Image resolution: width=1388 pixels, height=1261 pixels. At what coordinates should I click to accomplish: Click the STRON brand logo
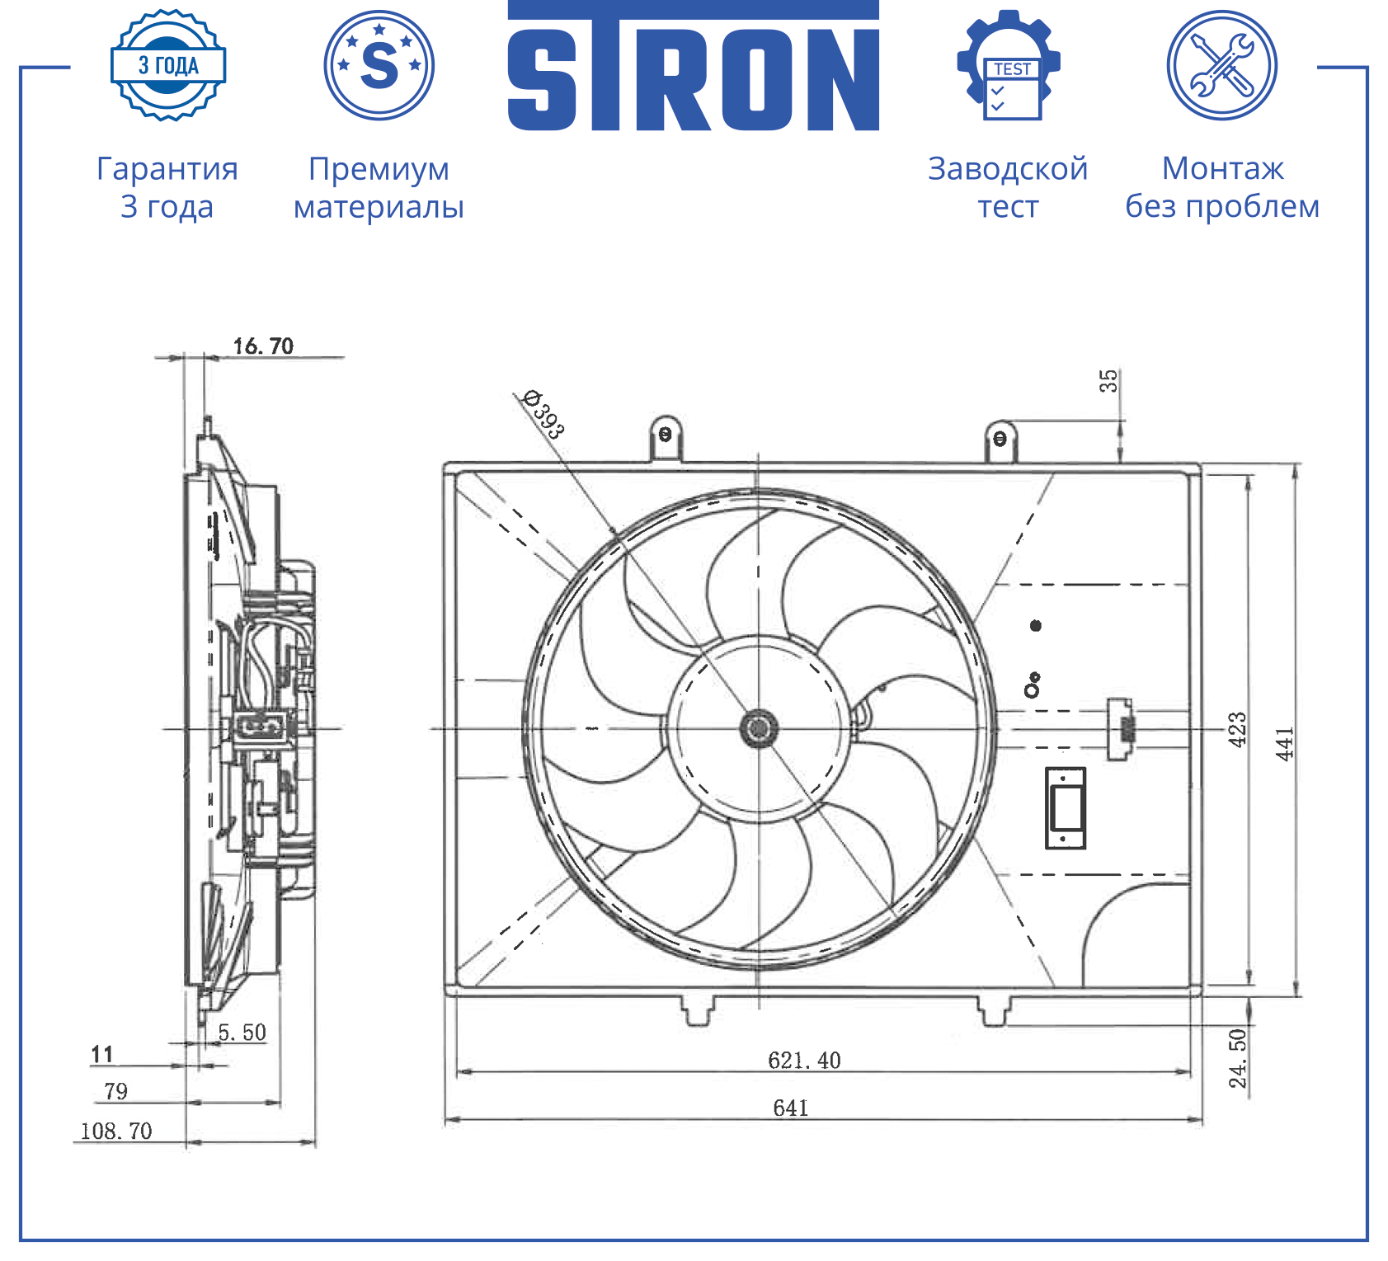point(693,66)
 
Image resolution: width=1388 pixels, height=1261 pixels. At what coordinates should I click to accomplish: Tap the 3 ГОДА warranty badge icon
point(168,65)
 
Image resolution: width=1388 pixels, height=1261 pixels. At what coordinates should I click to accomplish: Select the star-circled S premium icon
point(379,64)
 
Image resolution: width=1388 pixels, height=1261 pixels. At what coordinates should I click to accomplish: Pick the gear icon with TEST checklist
point(1009,64)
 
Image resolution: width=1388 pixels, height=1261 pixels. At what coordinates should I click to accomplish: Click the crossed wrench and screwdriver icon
point(1222,64)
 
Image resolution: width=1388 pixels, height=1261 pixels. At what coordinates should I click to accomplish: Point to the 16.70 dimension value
point(263,346)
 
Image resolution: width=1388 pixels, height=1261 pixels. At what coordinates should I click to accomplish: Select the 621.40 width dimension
point(804,1060)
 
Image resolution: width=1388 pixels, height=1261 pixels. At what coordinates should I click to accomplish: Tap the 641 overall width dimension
point(790,1108)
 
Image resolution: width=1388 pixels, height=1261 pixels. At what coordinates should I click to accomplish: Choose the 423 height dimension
point(1237,729)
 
